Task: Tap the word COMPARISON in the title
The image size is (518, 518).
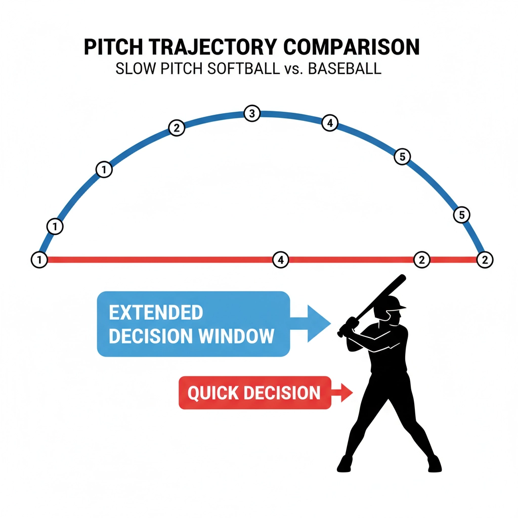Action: coord(352,48)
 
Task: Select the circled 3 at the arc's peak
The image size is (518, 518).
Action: coord(251,113)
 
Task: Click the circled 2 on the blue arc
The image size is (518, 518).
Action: coord(176,128)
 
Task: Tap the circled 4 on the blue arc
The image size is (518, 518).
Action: coord(329,123)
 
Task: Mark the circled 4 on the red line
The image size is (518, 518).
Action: coord(280,260)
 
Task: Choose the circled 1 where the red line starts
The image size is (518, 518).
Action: coord(39,260)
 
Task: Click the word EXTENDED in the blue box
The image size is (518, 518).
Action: coord(156,313)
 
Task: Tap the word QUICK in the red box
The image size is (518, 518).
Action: coord(210,393)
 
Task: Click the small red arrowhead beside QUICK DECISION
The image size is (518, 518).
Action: coord(348,392)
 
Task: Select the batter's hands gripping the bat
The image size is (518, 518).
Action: coord(348,326)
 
